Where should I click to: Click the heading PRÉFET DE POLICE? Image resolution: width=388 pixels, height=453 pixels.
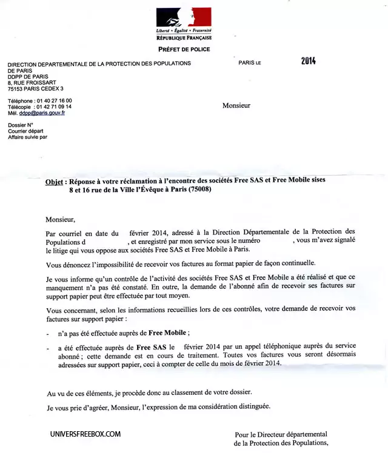click(x=184, y=49)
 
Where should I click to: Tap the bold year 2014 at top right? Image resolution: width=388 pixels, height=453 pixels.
click(x=309, y=61)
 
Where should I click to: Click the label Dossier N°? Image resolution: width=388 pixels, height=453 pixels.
click(x=21, y=125)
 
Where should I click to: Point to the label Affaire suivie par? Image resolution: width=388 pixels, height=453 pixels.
click(x=27, y=137)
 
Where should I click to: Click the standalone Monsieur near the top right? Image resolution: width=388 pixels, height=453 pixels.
click(x=236, y=105)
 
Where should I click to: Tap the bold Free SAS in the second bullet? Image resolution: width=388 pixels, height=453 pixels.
click(x=151, y=347)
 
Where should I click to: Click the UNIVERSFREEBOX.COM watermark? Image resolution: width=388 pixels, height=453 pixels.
click(x=85, y=434)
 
